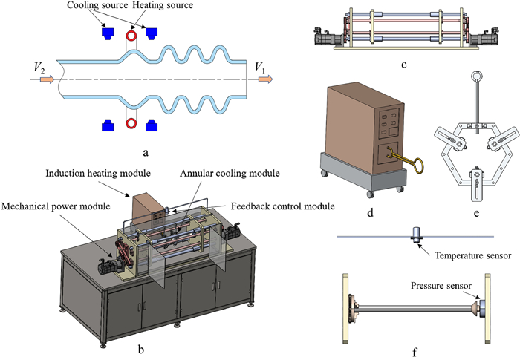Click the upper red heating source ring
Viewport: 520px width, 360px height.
[131, 34]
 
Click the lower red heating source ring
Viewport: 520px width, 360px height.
[131, 123]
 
